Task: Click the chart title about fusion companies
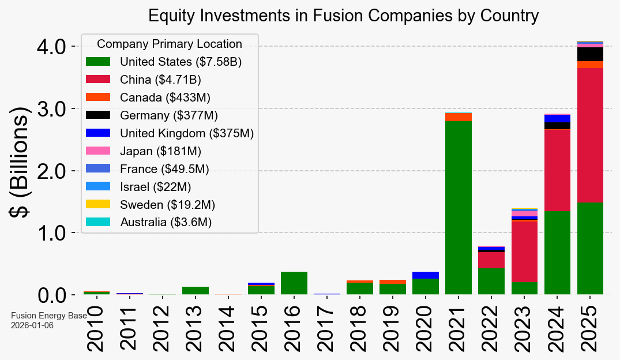[x=343, y=16]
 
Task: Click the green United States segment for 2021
[x=459, y=208]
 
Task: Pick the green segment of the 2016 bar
[x=294, y=283]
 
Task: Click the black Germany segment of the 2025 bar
[x=590, y=54]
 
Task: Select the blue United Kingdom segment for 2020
[x=426, y=275]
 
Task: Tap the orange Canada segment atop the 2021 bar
[x=459, y=117]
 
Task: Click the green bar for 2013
[x=196, y=291]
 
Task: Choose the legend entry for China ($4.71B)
[x=160, y=80]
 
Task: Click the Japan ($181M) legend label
[x=161, y=151]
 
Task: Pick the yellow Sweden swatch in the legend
[x=98, y=204]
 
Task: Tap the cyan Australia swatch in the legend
[x=98, y=222]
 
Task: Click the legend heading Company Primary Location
[x=170, y=44]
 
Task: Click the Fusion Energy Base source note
[x=48, y=316]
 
